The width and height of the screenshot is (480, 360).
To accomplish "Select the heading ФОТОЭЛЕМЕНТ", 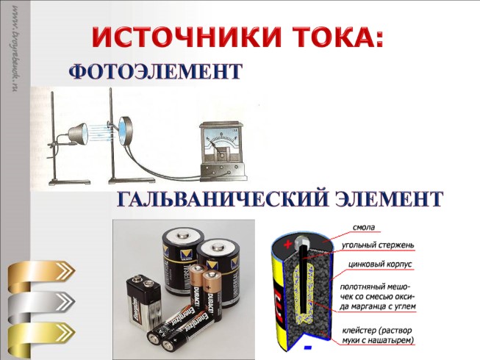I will pos(155,71).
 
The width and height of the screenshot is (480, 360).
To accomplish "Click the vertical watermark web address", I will pos(15,55).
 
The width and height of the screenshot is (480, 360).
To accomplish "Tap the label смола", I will pos(368,227).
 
